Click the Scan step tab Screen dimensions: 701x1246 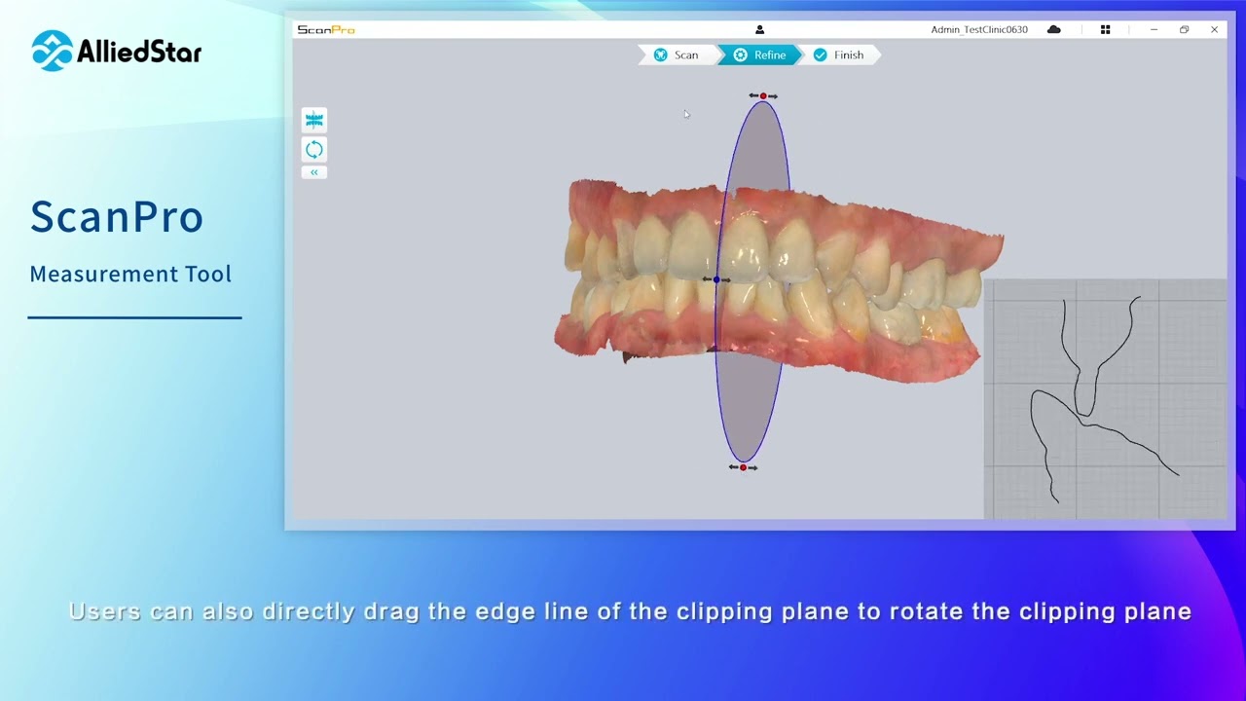(677, 55)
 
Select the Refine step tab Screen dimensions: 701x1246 (759, 55)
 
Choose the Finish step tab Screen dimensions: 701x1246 (839, 55)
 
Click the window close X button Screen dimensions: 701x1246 (1214, 30)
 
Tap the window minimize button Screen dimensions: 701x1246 (1154, 30)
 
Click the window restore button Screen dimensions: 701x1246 (1184, 30)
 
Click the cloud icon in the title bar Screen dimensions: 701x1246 (1053, 30)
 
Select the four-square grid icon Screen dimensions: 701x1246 (1105, 30)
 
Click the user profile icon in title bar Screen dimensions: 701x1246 (759, 30)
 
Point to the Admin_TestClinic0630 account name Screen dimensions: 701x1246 (978, 30)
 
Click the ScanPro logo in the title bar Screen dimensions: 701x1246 (326, 30)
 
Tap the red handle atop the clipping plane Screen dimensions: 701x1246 (763, 96)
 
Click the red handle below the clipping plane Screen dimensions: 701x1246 (743, 467)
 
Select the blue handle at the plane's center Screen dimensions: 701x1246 (716, 280)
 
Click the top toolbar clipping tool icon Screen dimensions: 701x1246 (313, 120)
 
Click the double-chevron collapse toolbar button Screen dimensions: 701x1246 (313, 172)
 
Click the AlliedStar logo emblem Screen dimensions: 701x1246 (52, 51)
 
